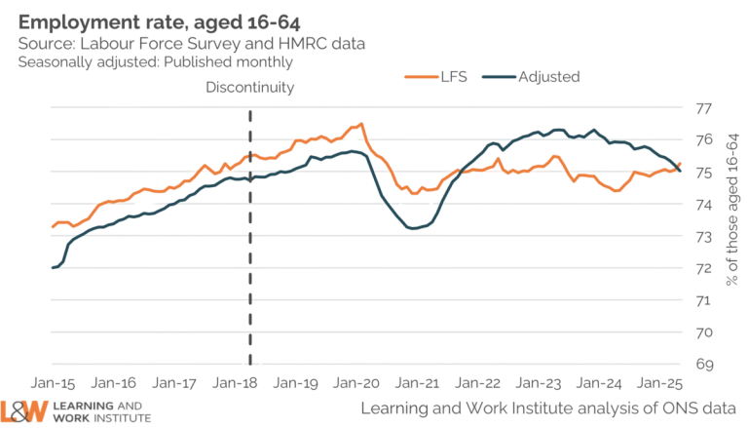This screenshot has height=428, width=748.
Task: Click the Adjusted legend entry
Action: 550,76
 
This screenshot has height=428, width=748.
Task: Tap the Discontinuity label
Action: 250,88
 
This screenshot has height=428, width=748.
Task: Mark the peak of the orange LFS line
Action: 361,123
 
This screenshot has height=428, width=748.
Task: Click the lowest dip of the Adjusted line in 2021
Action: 413,229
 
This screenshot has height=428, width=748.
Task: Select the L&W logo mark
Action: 24,409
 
